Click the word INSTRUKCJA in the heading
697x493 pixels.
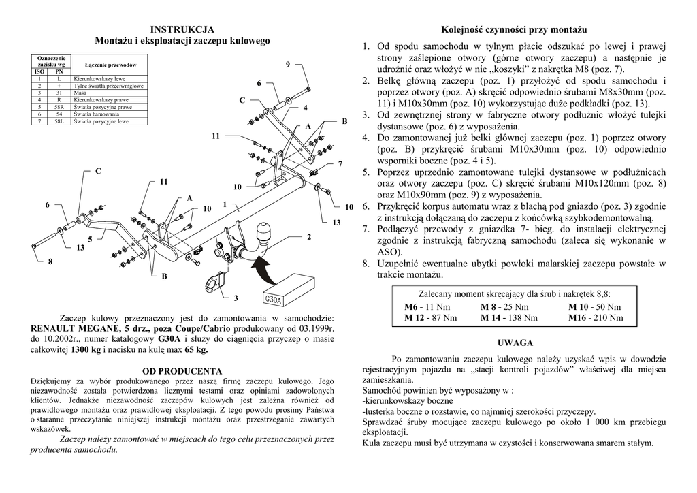[182, 29]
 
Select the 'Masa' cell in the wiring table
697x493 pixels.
[80, 92]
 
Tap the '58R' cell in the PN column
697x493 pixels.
[59, 107]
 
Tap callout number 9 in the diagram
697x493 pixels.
[288, 64]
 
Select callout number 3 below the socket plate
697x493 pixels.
[236, 298]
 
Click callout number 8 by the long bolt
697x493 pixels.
[49, 262]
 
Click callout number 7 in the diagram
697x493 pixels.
[340, 164]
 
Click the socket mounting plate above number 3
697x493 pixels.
[215, 281]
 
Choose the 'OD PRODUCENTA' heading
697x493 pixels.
[182, 371]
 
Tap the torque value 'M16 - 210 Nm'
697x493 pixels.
[595, 317]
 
